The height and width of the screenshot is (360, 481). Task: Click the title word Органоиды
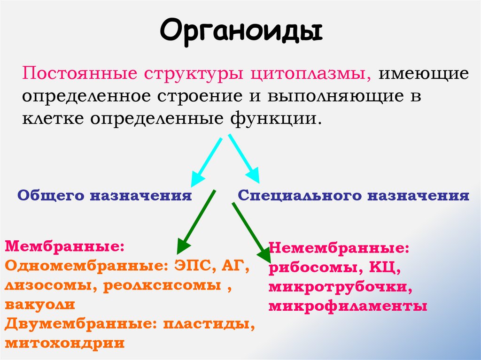click(x=240, y=31)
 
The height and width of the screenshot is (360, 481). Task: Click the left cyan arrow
click(x=206, y=161)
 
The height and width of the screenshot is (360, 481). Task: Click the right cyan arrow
click(x=244, y=159)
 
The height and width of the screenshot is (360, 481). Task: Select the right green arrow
click(x=251, y=232)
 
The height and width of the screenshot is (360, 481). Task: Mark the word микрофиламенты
click(x=348, y=306)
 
